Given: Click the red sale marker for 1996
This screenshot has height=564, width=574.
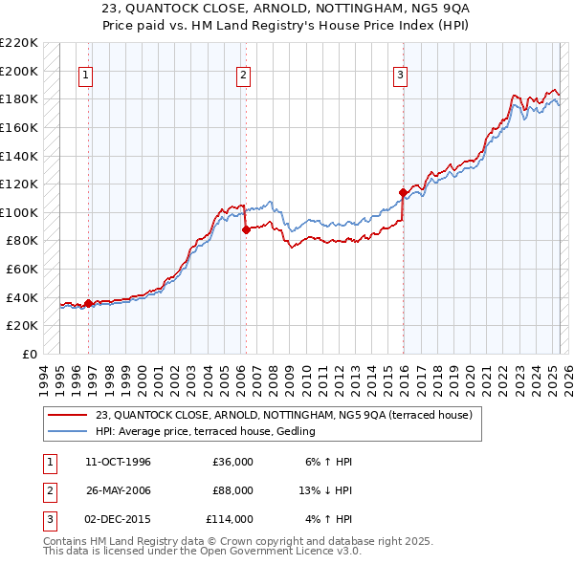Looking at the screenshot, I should pyautogui.click(x=89, y=304).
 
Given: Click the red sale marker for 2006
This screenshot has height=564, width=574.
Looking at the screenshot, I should pyautogui.click(x=246, y=229).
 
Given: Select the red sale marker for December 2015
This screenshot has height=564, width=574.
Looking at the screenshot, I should pyautogui.click(x=403, y=192).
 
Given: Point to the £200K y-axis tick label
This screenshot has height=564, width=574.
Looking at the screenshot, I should pyautogui.click(x=19, y=71).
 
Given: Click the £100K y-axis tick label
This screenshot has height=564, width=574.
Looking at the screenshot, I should pyautogui.click(x=19, y=212).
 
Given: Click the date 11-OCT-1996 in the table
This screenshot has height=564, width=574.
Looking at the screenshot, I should pyautogui.click(x=119, y=463).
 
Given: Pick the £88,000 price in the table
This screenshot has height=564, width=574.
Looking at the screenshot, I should pyautogui.click(x=232, y=490).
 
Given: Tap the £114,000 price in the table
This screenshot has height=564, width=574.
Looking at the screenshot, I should pyautogui.click(x=230, y=519).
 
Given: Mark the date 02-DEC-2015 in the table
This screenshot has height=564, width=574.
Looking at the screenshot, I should pyautogui.click(x=119, y=519).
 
